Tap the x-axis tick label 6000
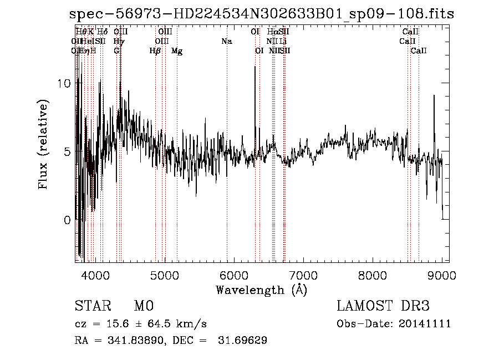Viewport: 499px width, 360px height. pos(234,275)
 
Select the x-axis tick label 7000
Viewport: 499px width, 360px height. pos(303,275)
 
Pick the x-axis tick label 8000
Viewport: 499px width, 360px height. pos(373,275)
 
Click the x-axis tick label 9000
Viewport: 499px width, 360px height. pos(442,275)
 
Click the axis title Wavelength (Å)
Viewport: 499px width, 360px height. pos(261,290)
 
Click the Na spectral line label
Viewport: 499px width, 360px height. pos(226,41)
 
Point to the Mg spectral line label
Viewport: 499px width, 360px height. pos(177,51)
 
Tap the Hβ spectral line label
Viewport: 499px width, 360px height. pos(155,51)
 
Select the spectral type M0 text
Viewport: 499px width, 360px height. pos(143,306)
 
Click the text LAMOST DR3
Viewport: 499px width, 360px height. pos(383,306)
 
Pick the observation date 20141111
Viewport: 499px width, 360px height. pos(426,324)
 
